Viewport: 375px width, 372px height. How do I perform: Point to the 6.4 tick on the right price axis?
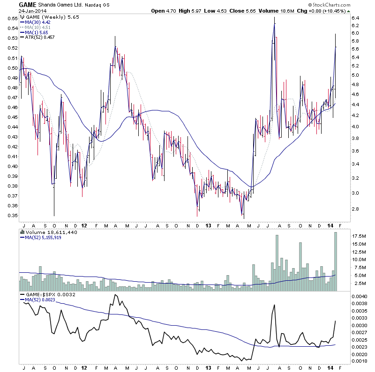[x=355, y=18]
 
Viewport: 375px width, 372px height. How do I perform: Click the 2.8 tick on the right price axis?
[x=355, y=209]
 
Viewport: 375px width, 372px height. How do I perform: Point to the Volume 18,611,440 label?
[x=47, y=231]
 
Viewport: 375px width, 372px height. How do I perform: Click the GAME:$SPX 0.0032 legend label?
[x=47, y=294]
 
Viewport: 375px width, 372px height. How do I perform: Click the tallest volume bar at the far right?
[x=336, y=262]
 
